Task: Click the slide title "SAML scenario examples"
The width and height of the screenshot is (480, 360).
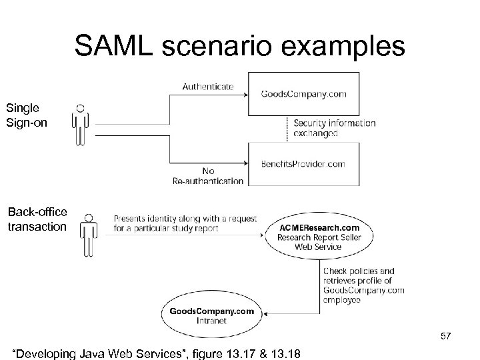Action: [239, 46]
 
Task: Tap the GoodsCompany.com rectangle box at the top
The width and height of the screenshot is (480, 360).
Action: [303, 94]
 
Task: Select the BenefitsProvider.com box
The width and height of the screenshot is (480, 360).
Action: [303, 163]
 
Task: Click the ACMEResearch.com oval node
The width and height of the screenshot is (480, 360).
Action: [318, 233]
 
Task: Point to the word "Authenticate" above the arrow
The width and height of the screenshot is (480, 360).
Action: [207, 86]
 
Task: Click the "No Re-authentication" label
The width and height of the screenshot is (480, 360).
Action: [207, 175]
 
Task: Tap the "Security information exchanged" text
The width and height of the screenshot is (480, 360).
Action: [334, 128]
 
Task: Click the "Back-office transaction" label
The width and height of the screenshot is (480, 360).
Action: [37, 219]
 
